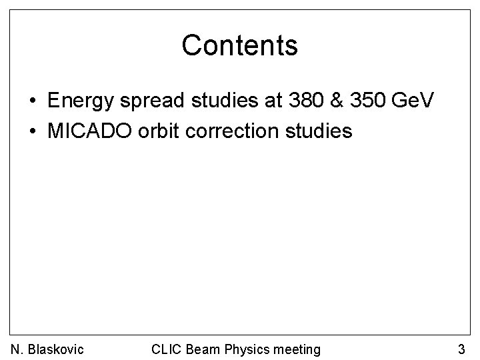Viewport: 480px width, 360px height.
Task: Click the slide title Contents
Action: point(239,45)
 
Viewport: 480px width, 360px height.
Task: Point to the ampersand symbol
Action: point(327,101)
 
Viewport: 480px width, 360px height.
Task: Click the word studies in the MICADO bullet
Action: point(316,131)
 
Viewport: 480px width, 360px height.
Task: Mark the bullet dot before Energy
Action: point(32,102)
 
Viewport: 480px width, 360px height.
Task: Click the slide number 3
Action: point(461,349)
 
